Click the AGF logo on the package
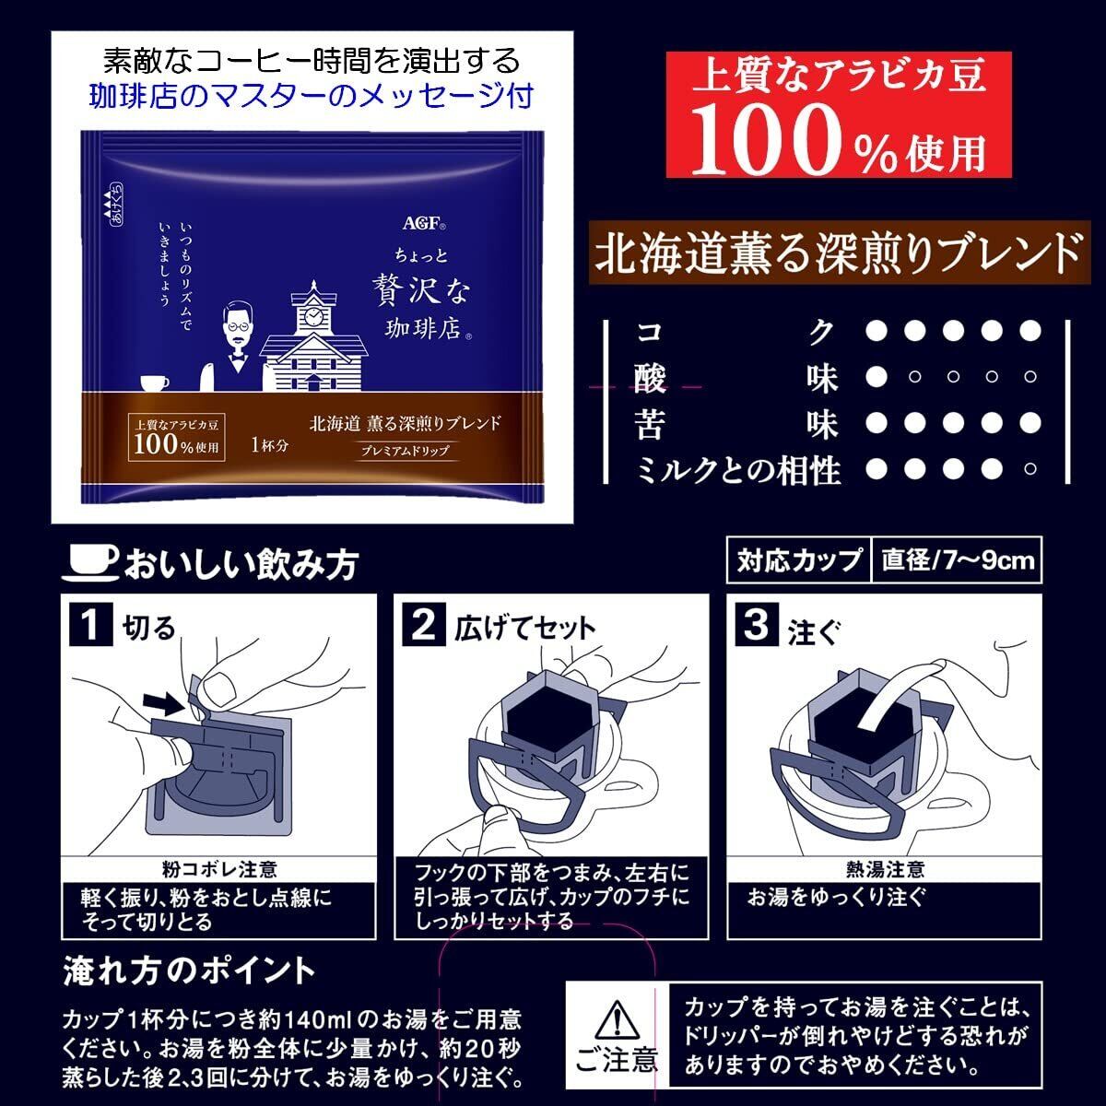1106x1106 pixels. tap(424, 222)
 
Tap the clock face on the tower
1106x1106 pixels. tap(313, 315)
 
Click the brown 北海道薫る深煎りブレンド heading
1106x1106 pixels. tap(840, 253)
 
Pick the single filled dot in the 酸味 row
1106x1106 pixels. tap(876, 377)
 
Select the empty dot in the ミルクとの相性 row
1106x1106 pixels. tap(1030, 469)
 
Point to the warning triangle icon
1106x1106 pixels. tap(616, 1018)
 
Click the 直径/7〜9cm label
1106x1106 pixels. tap(958, 560)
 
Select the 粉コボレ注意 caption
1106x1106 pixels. tap(220, 869)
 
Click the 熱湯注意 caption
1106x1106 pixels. tap(885, 869)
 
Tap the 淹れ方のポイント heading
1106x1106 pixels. tap(189, 971)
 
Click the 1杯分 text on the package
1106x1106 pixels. tap(269, 445)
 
